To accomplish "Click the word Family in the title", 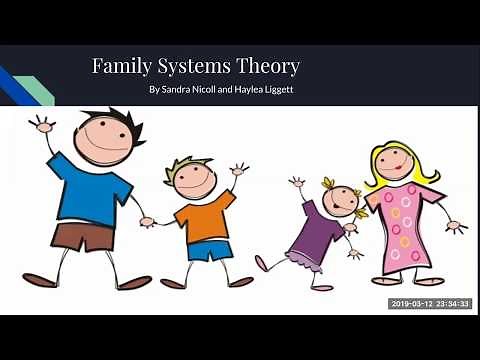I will click(119, 67).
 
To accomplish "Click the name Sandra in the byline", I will click(181, 90).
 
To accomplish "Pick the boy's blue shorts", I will click(209, 249).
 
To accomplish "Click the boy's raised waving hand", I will click(239, 169).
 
